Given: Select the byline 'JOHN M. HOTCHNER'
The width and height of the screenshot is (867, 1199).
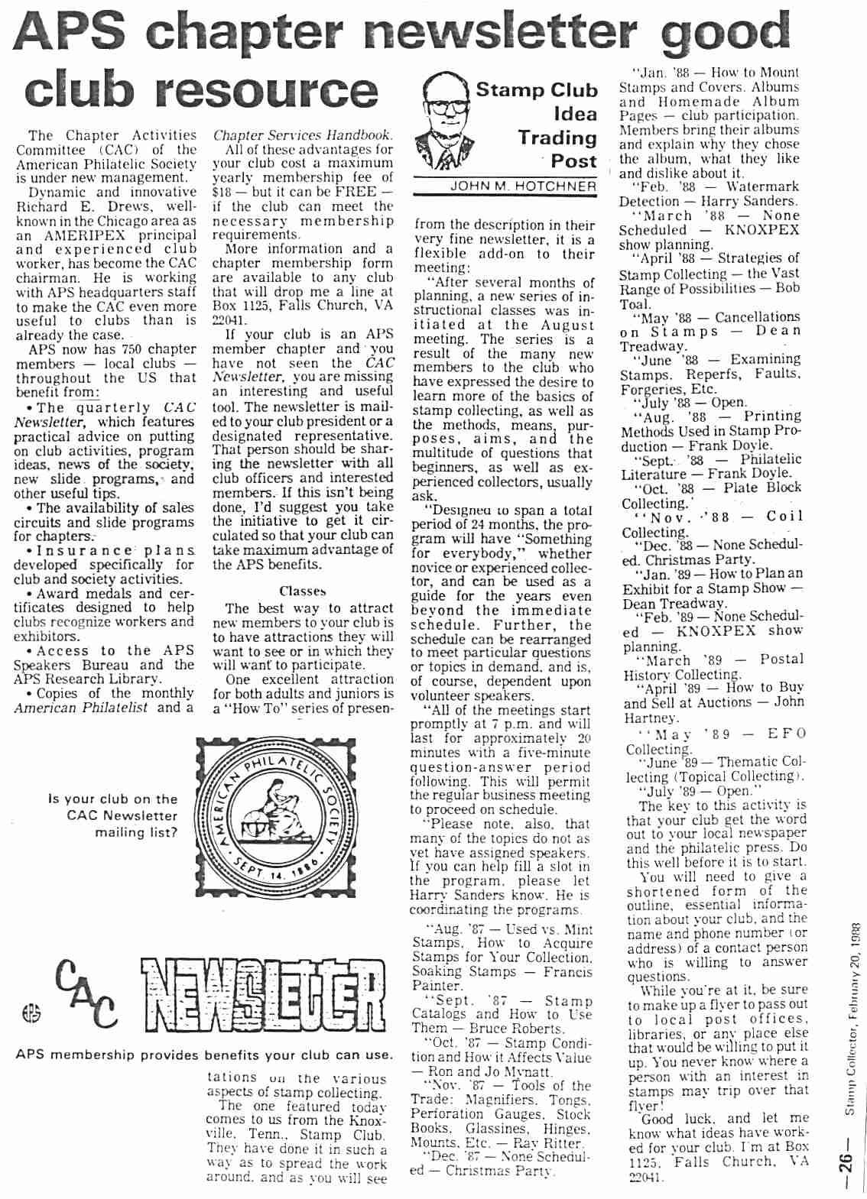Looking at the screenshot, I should (523, 186).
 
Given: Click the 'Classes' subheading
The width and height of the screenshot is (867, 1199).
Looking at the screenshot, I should (302, 591).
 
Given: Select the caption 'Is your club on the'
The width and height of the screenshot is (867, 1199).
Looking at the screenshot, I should (112, 799).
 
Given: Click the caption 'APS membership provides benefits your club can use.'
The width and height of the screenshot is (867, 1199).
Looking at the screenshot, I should (204, 1055).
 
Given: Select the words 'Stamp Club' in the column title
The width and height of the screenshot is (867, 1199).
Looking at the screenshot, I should (536, 90).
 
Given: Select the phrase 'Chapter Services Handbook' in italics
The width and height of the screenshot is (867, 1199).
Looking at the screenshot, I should (303, 135).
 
